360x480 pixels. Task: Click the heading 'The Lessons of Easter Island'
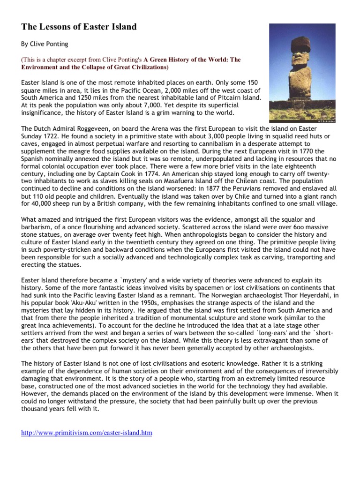(x=79, y=27)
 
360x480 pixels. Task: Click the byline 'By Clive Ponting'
(x=45, y=45)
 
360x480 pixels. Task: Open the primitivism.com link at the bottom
(x=87, y=433)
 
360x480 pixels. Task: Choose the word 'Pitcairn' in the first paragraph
(x=227, y=98)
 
